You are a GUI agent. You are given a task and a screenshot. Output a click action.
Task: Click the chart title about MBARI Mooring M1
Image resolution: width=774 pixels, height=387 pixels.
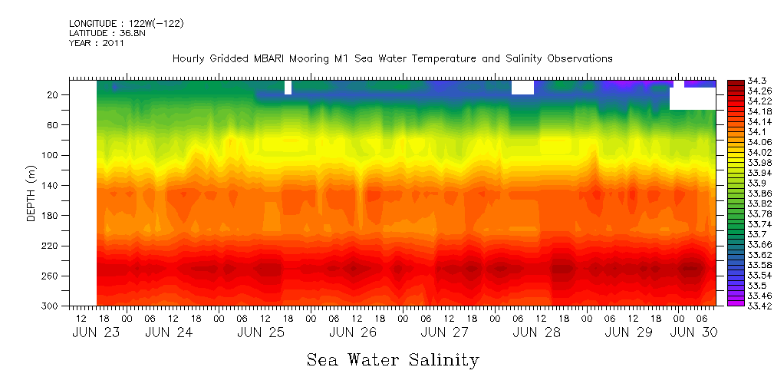(x=392, y=59)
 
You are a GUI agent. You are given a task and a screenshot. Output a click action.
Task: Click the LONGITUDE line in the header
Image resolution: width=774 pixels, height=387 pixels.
(x=126, y=24)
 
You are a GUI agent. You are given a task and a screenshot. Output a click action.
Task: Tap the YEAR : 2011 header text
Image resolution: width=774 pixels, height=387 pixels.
(x=97, y=44)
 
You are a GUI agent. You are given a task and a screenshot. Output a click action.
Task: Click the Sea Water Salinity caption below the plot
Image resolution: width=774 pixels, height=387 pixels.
(x=393, y=360)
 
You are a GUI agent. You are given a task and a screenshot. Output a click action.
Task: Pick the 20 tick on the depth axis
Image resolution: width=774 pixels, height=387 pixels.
(x=54, y=94)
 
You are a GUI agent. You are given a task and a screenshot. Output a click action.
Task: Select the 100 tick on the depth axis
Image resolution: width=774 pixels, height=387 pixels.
(x=51, y=155)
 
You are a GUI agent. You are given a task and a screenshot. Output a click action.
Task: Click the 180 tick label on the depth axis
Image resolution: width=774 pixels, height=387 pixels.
(x=51, y=216)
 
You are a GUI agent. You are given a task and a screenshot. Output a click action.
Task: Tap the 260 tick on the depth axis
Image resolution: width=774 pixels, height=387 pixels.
(x=51, y=276)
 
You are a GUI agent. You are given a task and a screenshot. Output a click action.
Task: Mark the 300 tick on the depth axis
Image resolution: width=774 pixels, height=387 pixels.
(x=51, y=306)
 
